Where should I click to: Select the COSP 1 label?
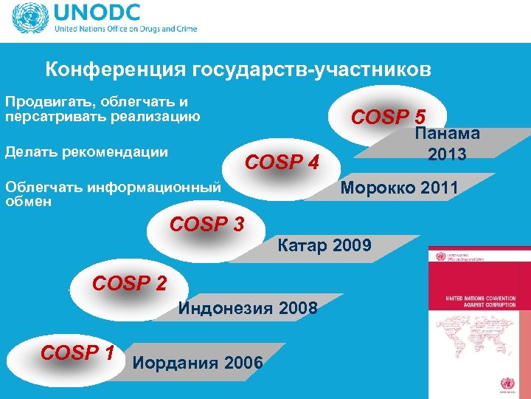(77, 354)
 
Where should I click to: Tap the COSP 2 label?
(129, 283)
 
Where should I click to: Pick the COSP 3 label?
(206, 224)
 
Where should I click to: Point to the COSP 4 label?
(281, 161)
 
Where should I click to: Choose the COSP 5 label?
(389, 117)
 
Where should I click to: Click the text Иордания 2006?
(198, 362)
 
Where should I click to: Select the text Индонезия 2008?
(248, 308)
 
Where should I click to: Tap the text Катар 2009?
(324, 245)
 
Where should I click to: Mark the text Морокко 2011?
(399, 188)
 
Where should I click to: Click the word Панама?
(448, 134)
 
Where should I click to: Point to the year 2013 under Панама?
(447, 154)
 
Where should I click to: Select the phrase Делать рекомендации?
(86, 152)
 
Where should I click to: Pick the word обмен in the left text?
(28, 201)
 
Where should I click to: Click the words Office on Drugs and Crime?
(151, 30)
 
